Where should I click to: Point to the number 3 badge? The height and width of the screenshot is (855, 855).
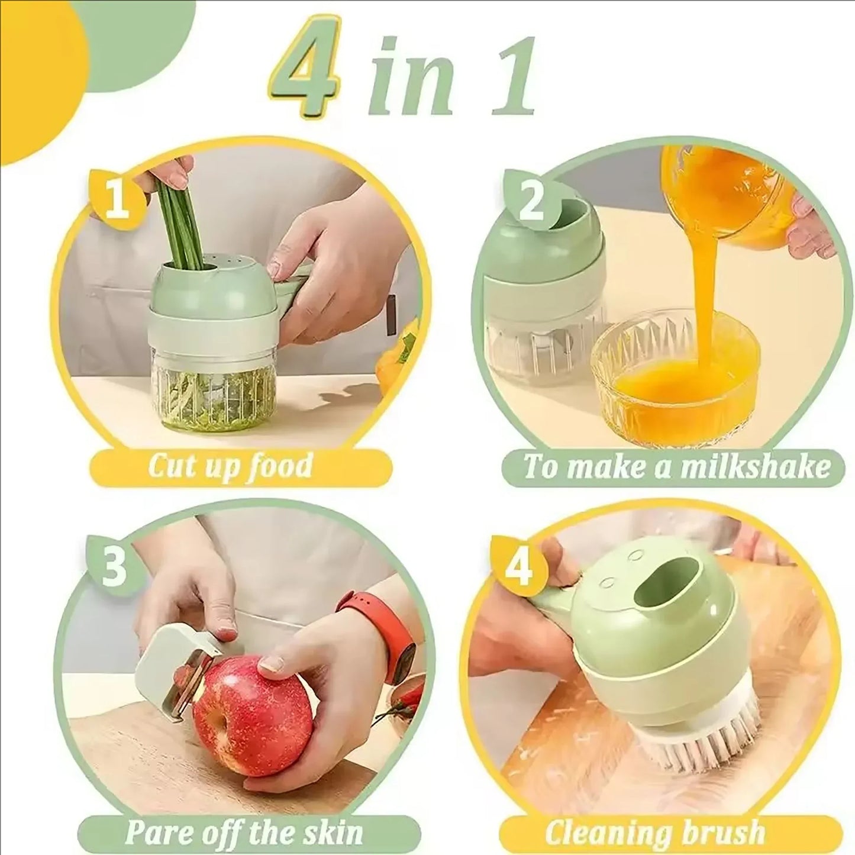[x=114, y=565]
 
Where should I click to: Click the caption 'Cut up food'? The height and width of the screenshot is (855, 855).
[x=230, y=466]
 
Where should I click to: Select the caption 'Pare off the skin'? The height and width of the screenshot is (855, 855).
[x=244, y=833]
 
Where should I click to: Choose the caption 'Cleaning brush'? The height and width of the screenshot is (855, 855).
[x=654, y=833]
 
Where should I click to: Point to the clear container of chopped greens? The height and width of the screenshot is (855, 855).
[x=216, y=385]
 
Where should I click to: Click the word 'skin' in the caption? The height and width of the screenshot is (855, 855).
[x=335, y=833]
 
